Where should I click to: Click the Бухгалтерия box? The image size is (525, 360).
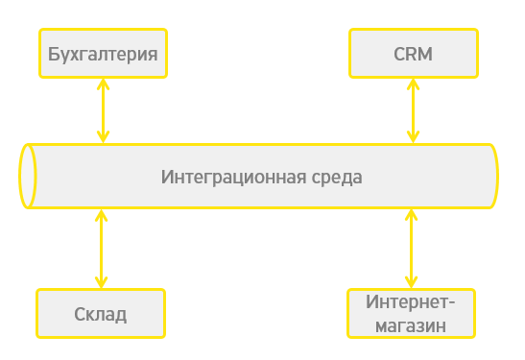click(103, 53)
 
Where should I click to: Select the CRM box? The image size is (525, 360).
click(413, 53)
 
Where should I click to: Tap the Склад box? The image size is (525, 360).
click(100, 313)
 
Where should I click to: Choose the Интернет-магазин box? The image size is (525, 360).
click(411, 313)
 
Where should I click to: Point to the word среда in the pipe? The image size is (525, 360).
click(337, 178)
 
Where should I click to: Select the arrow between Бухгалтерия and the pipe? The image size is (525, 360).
click(101, 110)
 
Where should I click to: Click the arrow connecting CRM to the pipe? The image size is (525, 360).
click(413, 110)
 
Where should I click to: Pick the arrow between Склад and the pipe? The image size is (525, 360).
click(101, 247)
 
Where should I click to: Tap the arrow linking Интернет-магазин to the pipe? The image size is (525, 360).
click(411, 247)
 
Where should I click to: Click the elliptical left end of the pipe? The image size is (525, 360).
click(28, 177)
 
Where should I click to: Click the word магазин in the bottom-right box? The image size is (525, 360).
click(411, 325)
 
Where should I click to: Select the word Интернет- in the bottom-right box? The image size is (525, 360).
click(411, 301)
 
